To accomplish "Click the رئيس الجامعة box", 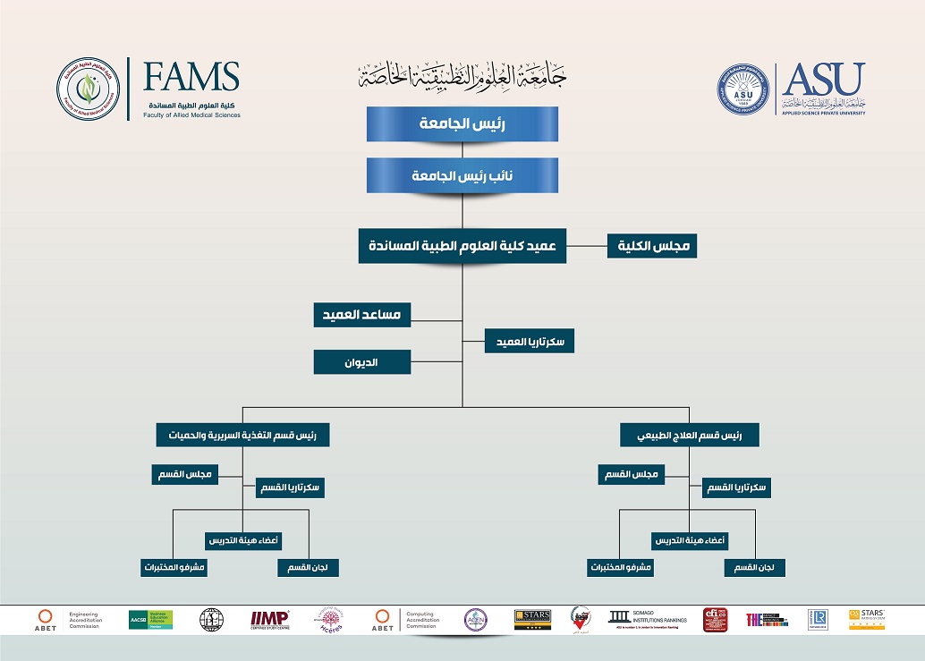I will point(462,124).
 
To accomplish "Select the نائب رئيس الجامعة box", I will point(462,175).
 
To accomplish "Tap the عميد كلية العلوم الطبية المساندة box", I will point(462,246).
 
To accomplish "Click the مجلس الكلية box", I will point(652,246).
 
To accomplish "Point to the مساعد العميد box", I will point(361,315).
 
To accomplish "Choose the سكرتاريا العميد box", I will point(530,342).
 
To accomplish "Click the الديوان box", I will point(361,362).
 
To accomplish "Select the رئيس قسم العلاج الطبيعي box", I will point(689,436).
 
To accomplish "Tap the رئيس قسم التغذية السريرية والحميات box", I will point(242,436).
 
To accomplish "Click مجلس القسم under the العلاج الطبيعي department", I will point(632,474).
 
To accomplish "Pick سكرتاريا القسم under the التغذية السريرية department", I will point(290,487).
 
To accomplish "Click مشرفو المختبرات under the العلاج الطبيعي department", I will point(620,567).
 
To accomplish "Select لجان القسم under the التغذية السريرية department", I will point(308,567).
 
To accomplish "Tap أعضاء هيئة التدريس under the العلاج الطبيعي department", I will point(689,541).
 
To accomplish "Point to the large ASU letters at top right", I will point(823,80).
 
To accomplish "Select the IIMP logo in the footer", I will point(269,619).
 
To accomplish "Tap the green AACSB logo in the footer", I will point(150,619).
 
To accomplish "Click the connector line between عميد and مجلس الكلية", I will point(587,246).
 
